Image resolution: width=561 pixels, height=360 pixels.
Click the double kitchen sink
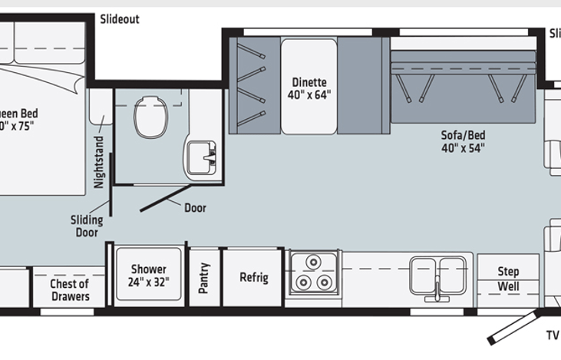[437, 272]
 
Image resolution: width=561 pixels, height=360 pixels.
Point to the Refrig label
[253, 277]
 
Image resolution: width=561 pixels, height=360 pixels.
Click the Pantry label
[204, 278]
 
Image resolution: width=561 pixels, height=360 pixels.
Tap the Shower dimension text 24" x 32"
[148, 282]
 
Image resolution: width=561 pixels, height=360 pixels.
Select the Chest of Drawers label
[70, 290]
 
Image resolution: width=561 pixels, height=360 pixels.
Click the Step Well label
[508, 279]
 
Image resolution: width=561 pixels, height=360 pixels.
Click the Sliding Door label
[87, 226]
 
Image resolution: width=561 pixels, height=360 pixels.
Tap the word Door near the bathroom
[195, 207]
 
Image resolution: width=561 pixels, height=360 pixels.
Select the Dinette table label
[309, 82]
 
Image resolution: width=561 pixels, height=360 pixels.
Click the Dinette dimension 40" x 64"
[309, 95]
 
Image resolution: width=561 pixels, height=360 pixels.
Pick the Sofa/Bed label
[463, 135]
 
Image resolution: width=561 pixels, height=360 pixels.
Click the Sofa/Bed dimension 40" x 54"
[463, 148]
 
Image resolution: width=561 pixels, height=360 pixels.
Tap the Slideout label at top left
[120, 19]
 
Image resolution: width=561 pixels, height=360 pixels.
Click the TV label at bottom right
[552, 335]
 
